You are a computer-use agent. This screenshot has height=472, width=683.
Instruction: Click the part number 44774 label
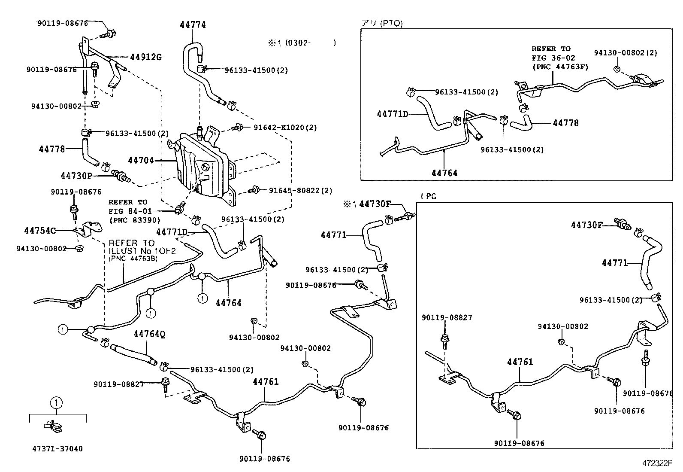(193, 25)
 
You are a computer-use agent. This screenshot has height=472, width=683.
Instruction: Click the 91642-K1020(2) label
(285, 128)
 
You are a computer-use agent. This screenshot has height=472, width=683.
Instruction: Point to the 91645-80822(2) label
(300, 190)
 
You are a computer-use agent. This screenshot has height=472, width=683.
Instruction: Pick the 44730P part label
(76, 176)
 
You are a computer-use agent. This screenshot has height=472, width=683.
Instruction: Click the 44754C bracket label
(40, 231)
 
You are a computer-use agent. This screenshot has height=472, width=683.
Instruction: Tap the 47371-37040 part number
(57, 449)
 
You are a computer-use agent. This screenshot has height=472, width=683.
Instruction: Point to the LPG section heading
(428, 196)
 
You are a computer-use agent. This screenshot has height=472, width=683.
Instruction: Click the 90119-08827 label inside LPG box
(447, 318)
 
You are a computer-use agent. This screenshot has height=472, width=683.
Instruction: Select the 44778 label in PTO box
(565, 123)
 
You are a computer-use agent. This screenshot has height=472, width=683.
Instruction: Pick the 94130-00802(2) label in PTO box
(626, 53)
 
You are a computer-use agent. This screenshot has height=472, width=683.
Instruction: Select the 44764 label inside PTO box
(444, 173)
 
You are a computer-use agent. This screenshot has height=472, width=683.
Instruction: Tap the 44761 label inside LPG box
(520, 362)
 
